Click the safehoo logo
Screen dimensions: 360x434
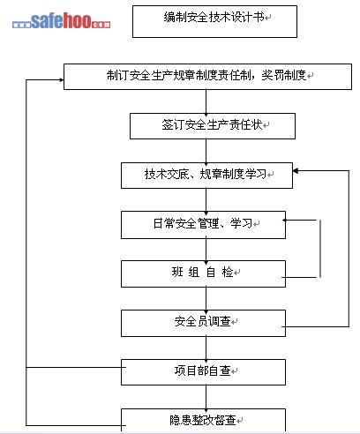pyautogui.click(x=61, y=20)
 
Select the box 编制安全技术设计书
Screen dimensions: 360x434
pyautogui.click(x=214, y=21)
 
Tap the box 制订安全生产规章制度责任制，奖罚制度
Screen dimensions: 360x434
pyautogui.click(x=207, y=77)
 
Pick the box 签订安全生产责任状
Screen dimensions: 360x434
pyautogui.click(x=213, y=126)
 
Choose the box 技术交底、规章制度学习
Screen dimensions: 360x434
pyautogui.click(x=206, y=176)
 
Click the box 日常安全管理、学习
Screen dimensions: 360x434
pyautogui.click(x=203, y=225)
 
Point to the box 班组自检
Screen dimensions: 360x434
pyautogui.click(x=203, y=273)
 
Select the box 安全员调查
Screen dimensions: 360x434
pyautogui.click(x=203, y=323)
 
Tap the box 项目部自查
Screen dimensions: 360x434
pyautogui.click(x=203, y=372)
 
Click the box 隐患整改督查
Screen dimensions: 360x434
pyautogui.click(x=203, y=421)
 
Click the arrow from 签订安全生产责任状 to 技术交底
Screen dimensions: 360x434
pyautogui.click(x=206, y=151)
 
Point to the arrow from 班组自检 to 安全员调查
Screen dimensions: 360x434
pyautogui.click(x=206, y=299)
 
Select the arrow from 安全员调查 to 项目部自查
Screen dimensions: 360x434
pyautogui.click(x=206, y=348)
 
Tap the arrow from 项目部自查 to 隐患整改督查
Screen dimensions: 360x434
pyautogui.click(x=206, y=397)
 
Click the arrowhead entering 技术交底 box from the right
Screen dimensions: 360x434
pyautogui.click(x=296, y=171)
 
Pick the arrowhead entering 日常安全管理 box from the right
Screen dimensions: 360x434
pyautogui.click(x=285, y=220)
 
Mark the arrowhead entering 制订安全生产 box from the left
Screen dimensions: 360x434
pyautogui.click(x=62, y=79)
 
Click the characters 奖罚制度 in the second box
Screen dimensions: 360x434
pyautogui.click(x=284, y=75)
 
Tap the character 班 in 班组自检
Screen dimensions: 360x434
pyautogui.click(x=177, y=272)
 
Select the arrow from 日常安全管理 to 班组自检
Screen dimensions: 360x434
pyautogui.click(x=206, y=250)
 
